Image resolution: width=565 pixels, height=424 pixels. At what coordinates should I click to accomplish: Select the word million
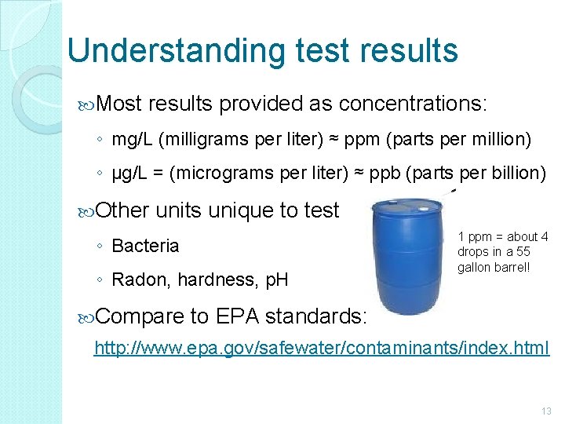click(503, 141)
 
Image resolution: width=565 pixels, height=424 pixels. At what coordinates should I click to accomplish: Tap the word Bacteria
click(145, 246)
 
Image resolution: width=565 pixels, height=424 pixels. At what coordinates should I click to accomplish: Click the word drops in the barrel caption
click(473, 252)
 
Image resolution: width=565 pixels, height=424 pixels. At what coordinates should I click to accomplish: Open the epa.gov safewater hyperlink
click(321, 347)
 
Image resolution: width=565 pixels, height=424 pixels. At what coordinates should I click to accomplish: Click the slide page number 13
click(546, 411)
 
